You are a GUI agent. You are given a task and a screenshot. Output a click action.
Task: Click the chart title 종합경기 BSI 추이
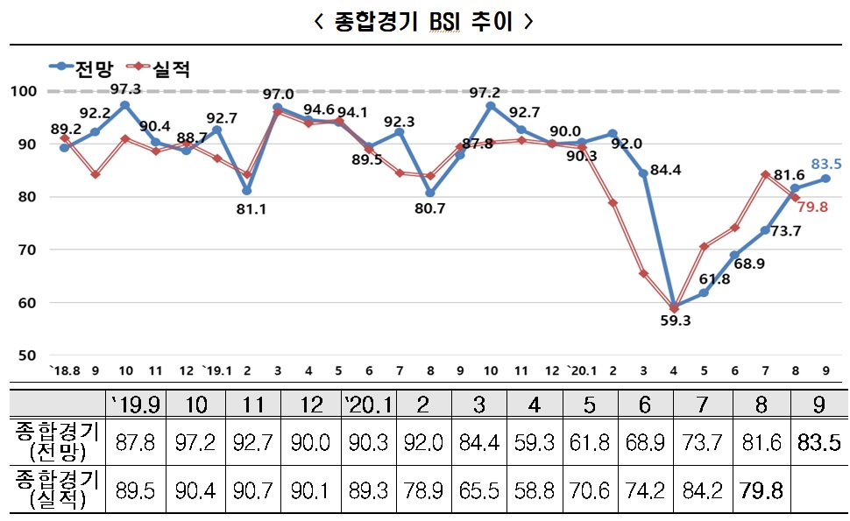pos(424,22)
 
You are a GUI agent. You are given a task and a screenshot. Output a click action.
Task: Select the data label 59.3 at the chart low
pos(675,321)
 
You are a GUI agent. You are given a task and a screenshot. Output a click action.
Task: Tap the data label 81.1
pos(247,209)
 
